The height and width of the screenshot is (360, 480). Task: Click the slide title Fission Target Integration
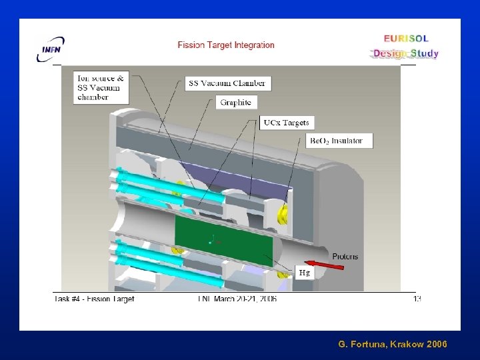click(x=226, y=45)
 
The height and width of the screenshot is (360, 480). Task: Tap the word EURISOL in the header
click(x=406, y=39)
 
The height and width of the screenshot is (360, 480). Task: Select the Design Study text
click(x=406, y=53)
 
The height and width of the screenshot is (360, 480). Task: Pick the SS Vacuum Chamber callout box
click(x=227, y=83)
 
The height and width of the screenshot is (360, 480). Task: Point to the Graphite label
click(x=236, y=103)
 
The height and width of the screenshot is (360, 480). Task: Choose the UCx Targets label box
click(x=287, y=123)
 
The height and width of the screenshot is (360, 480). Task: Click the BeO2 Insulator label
click(x=339, y=141)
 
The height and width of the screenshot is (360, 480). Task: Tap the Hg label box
click(x=304, y=273)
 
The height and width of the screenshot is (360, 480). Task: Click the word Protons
click(x=345, y=256)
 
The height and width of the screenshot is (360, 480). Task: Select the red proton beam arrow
click(x=325, y=265)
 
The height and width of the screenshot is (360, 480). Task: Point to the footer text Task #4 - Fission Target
click(x=95, y=299)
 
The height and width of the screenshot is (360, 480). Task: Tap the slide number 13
click(x=417, y=299)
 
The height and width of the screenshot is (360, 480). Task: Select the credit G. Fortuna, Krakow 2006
click(x=393, y=344)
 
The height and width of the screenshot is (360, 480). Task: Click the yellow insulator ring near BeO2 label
click(x=283, y=213)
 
